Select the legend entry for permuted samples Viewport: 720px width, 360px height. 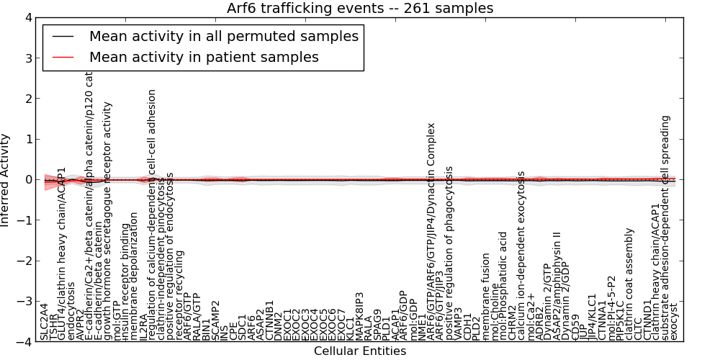point(223,36)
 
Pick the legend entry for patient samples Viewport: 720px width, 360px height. point(204,57)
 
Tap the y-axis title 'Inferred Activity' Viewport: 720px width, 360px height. point(6,179)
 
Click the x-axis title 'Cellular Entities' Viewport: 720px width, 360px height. point(360,351)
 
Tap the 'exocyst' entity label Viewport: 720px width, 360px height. point(674,321)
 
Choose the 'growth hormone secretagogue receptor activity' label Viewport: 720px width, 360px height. point(109,220)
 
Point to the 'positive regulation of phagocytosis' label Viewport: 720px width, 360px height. point(449,252)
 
